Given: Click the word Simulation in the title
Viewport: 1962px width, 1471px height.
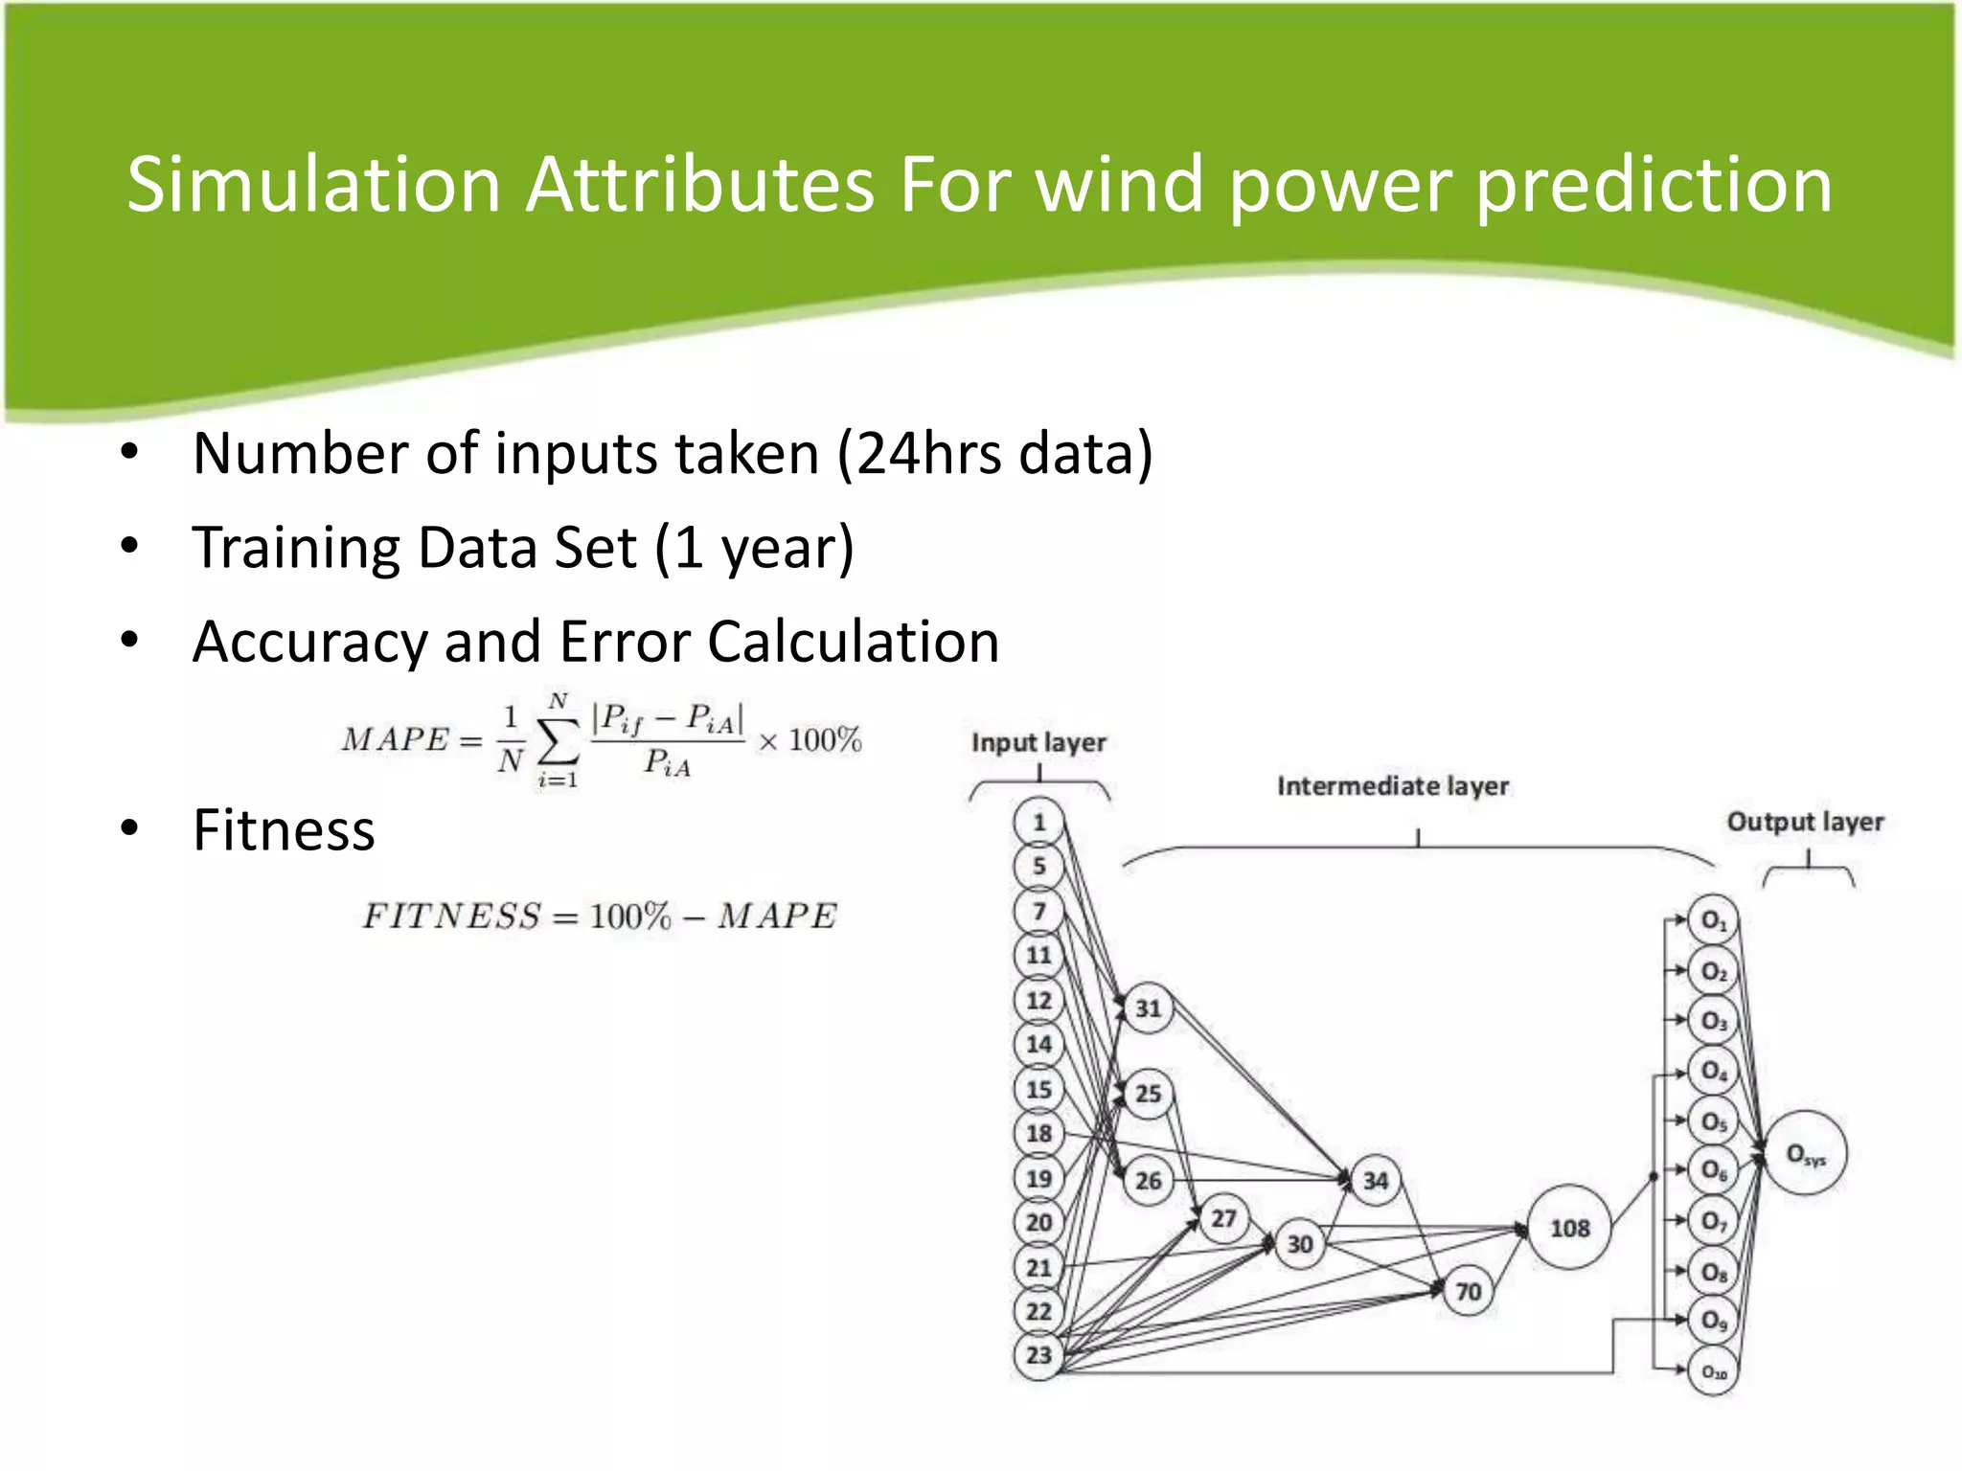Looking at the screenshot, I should tap(313, 185).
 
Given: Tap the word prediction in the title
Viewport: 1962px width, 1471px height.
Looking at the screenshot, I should tap(1654, 185).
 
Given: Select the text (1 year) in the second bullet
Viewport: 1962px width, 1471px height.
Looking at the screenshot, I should tap(754, 548).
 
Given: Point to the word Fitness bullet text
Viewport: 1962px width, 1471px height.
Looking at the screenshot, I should tap(284, 829).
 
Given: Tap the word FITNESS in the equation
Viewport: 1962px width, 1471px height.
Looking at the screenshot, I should tap(451, 917).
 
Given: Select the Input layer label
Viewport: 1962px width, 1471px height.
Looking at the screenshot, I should tap(1038, 742).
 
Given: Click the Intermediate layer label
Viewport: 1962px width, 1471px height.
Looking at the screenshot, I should tap(1392, 786).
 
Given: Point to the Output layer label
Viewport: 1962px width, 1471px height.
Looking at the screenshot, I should tap(1805, 822).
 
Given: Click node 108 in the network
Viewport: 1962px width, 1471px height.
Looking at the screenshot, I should tap(1569, 1228).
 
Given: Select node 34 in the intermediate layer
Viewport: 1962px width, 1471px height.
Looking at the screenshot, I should tap(1375, 1180).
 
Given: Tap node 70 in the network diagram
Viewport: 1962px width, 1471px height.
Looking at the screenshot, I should tap(1468, 1292).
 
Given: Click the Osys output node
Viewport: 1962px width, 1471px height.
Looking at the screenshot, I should tap(1805, 1154).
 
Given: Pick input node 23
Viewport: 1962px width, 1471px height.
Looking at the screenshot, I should tap(1038, 1355).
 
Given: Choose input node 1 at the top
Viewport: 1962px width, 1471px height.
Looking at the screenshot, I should tap(1038, 822).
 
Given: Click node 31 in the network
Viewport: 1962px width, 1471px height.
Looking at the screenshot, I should tap(1148, 1007).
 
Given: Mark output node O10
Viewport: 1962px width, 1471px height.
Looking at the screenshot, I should tap(1713, 1372).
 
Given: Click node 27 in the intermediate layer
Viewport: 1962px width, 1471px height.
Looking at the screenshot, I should tap(1223, 1218).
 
